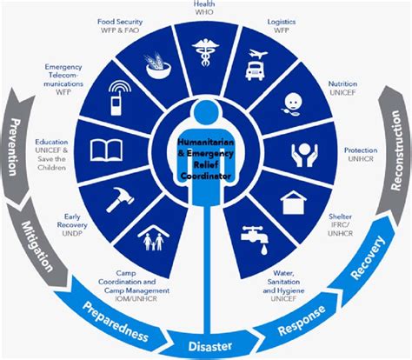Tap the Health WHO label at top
point(205,8)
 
